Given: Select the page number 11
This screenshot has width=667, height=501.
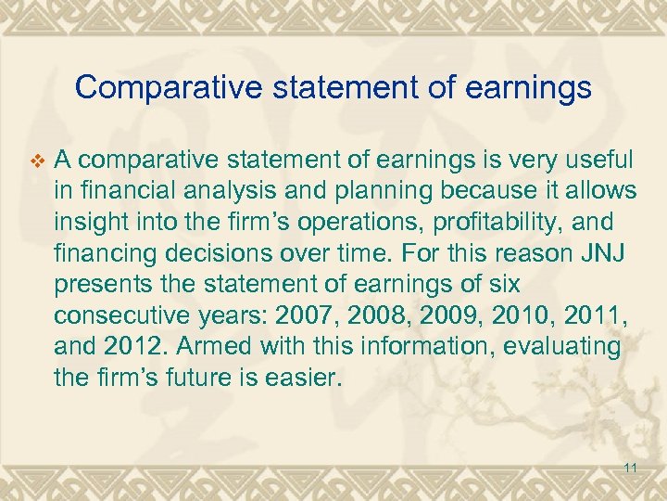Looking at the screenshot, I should click(630, 468).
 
